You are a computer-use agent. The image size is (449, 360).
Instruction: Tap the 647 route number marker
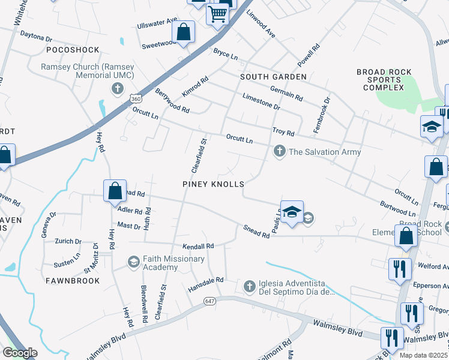click(x=209, y=300)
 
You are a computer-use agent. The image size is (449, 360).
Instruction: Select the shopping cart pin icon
click(x=218, y=14)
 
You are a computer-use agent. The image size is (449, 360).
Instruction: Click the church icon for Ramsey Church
click(x=118, y=89)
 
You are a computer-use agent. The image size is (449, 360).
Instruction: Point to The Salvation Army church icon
click(x=279, y=151)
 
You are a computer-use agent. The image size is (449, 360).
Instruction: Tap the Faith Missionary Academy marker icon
click(x=134, y=262)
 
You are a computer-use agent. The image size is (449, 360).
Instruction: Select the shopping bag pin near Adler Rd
click(x=115, y=191)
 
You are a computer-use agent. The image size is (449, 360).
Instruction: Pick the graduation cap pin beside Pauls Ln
click(x=292, y=212)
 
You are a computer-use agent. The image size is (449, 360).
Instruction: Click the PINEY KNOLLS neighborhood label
click(x=213, y=184)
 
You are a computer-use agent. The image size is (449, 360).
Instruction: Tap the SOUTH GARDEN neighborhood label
click(x=273, y=77)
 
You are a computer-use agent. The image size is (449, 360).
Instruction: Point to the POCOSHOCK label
click(x=72, y=49)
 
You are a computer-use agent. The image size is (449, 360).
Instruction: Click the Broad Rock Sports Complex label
click(x=384, y=80)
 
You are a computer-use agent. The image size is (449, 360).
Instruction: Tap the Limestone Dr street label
click(x=261, y=100)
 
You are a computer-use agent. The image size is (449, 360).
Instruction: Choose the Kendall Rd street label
click(x=199, y=246)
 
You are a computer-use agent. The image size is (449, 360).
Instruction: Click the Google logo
click(x=20, y=353)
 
